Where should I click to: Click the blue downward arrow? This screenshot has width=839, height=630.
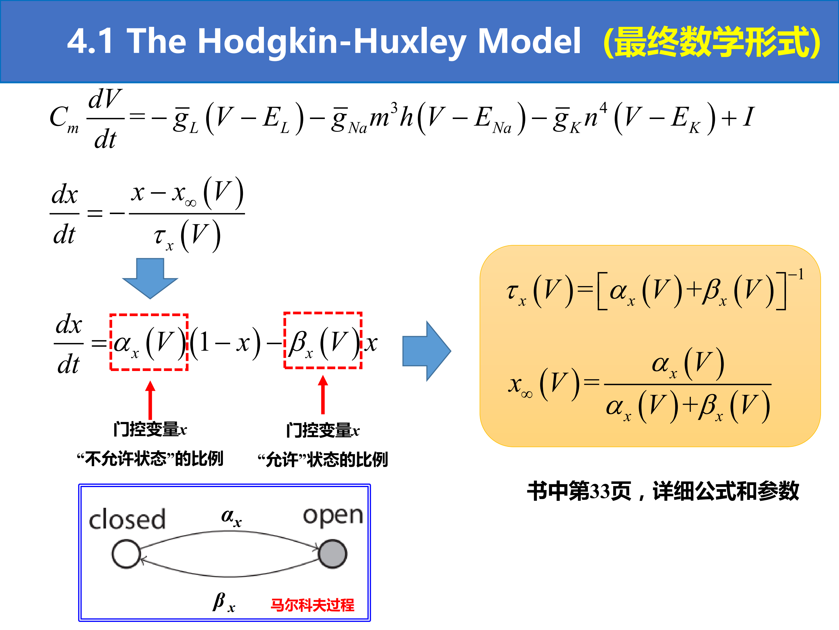[x=150, y=278]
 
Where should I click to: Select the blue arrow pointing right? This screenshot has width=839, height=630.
[x=427, y=351]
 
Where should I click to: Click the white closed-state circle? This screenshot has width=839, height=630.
[x=126, y=554]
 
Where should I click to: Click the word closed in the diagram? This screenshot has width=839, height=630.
[x=127, y=519]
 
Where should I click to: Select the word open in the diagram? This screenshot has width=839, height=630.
[x=333, y=516]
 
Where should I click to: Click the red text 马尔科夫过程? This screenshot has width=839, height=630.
[x=312, y=605]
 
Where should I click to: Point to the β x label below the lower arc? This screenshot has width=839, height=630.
[x=224, y=602]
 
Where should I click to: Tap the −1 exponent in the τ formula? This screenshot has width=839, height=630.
[x=796, y=274]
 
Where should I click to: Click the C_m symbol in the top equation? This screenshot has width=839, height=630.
[x=64, y=118]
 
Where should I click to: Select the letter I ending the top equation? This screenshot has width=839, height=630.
[x=748, y=117]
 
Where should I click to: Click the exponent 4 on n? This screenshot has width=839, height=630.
[x=603, y=107]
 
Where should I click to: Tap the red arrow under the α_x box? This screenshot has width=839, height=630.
[x=150, y=400]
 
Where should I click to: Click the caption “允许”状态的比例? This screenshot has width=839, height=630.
[x=323, y=459]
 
